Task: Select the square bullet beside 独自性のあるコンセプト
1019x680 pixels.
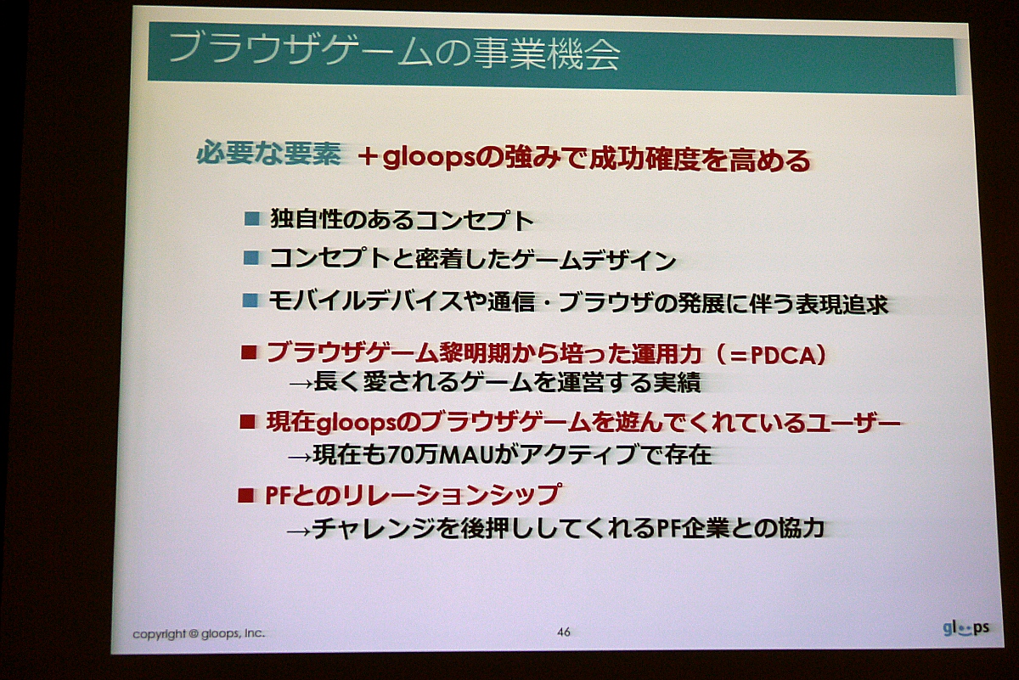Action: [x=252, y=219]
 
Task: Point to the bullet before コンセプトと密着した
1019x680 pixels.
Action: [x=251, y=258]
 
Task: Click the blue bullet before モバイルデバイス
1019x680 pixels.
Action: [x=251, y=301]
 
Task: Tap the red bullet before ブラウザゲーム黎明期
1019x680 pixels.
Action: [x=249, y=351]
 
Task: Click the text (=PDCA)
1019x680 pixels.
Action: [x=771, y=355]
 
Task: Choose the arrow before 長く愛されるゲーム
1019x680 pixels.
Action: [x=301, y=385]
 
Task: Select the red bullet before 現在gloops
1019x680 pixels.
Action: [x=247, y=422]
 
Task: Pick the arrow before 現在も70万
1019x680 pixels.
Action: [x=301, y=457]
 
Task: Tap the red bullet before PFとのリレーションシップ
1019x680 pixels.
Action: [x=245, y=495]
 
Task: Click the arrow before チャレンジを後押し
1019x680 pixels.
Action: [x=298, y=531]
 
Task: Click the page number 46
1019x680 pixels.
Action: [x=564, y=632]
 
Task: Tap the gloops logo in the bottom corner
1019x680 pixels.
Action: [x=966, y=628]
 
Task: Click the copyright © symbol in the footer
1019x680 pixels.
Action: [x=194, y=633]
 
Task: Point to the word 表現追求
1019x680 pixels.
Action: [x=842, y=305]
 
